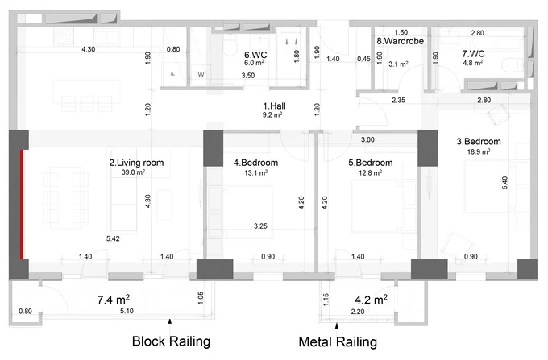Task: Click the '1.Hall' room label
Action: point(274,106)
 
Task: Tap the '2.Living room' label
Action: point(136,163)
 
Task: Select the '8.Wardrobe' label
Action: point(401,41)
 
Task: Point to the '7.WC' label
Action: point(473,54)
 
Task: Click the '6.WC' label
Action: point(255,55)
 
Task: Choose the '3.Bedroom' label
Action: point(479,142)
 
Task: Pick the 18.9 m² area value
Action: point(479,151)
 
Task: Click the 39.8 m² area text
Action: point(133,172)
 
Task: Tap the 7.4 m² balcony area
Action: point(114,300)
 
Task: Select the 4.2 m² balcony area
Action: point(371,300)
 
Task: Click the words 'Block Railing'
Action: point(171,341)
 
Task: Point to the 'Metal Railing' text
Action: point(338,341)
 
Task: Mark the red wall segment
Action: point(22,205)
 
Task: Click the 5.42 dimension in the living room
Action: point(113,239)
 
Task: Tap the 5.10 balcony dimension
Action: point(127,311)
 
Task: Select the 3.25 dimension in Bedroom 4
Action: point(260,226)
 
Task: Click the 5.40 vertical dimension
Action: point(504,183)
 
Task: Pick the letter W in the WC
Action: point(201,74)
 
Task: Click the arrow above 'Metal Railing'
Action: point(337,326)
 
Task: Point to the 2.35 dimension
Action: point(398,100)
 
